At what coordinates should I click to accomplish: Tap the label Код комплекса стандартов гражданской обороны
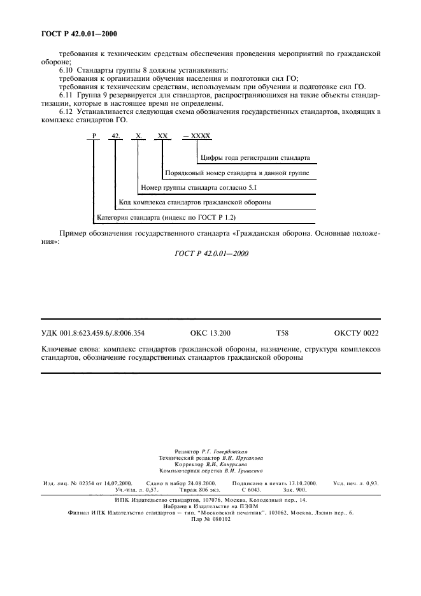195,203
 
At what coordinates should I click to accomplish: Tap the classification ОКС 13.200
210,332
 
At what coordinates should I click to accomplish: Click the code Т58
282,332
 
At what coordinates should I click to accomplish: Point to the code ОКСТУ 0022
356,332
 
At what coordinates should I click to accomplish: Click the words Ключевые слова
68,350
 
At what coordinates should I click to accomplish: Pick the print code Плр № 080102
210,519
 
